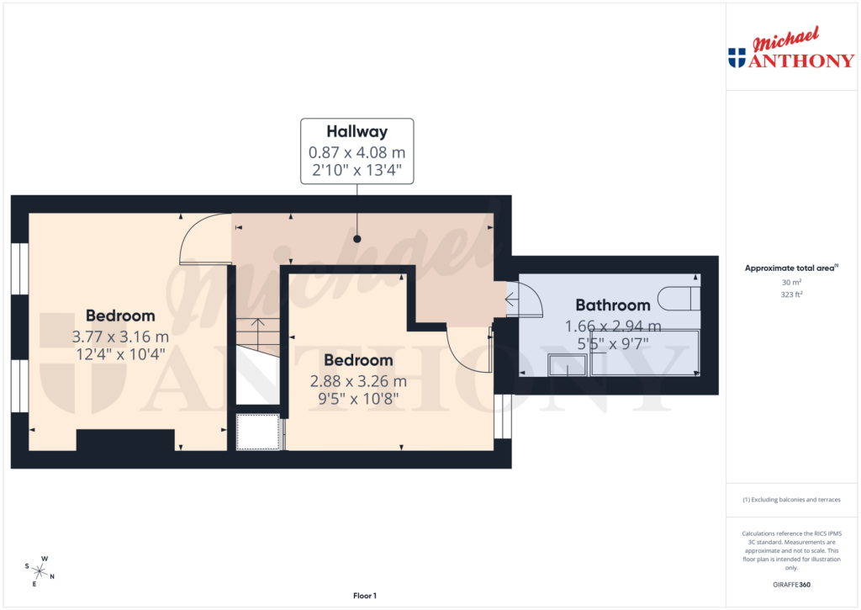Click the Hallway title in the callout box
pos(357,131)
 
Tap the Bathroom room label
pos(612,305)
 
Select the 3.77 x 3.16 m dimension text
pos(120,336)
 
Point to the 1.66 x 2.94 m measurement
pos(612,326)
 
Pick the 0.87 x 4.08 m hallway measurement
pos(357,152)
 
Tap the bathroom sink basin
pos(568,364)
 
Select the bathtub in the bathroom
pos(644,353)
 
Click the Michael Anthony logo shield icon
pos(737,58)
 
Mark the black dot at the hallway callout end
pos(357,239)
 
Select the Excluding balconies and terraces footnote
pos(791,500)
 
